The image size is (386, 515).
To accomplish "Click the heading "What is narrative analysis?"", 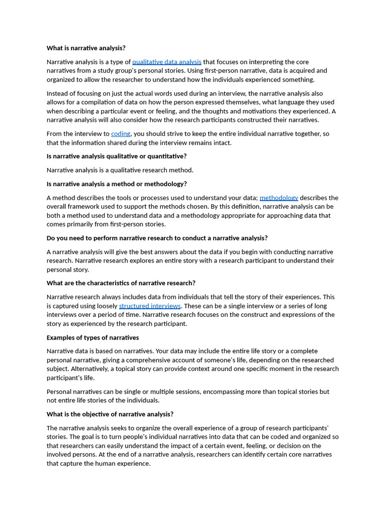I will pos(86,48).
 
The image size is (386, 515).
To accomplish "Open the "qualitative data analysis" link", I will pos(166,62).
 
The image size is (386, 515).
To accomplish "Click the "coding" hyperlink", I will pos(121,134).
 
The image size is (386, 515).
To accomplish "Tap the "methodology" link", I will pos(278,198).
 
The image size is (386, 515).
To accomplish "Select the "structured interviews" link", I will pos(150,306).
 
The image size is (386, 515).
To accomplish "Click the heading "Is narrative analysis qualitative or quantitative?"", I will pos(117,156).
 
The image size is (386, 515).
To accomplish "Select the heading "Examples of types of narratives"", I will pos(92,337).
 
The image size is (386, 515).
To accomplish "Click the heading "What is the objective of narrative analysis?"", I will pos(110,414).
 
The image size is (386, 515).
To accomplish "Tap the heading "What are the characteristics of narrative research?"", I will pos(121,283).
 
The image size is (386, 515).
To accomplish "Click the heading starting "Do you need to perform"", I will pos(157,238).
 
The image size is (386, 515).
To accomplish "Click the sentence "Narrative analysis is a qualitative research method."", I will pos(120,170).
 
